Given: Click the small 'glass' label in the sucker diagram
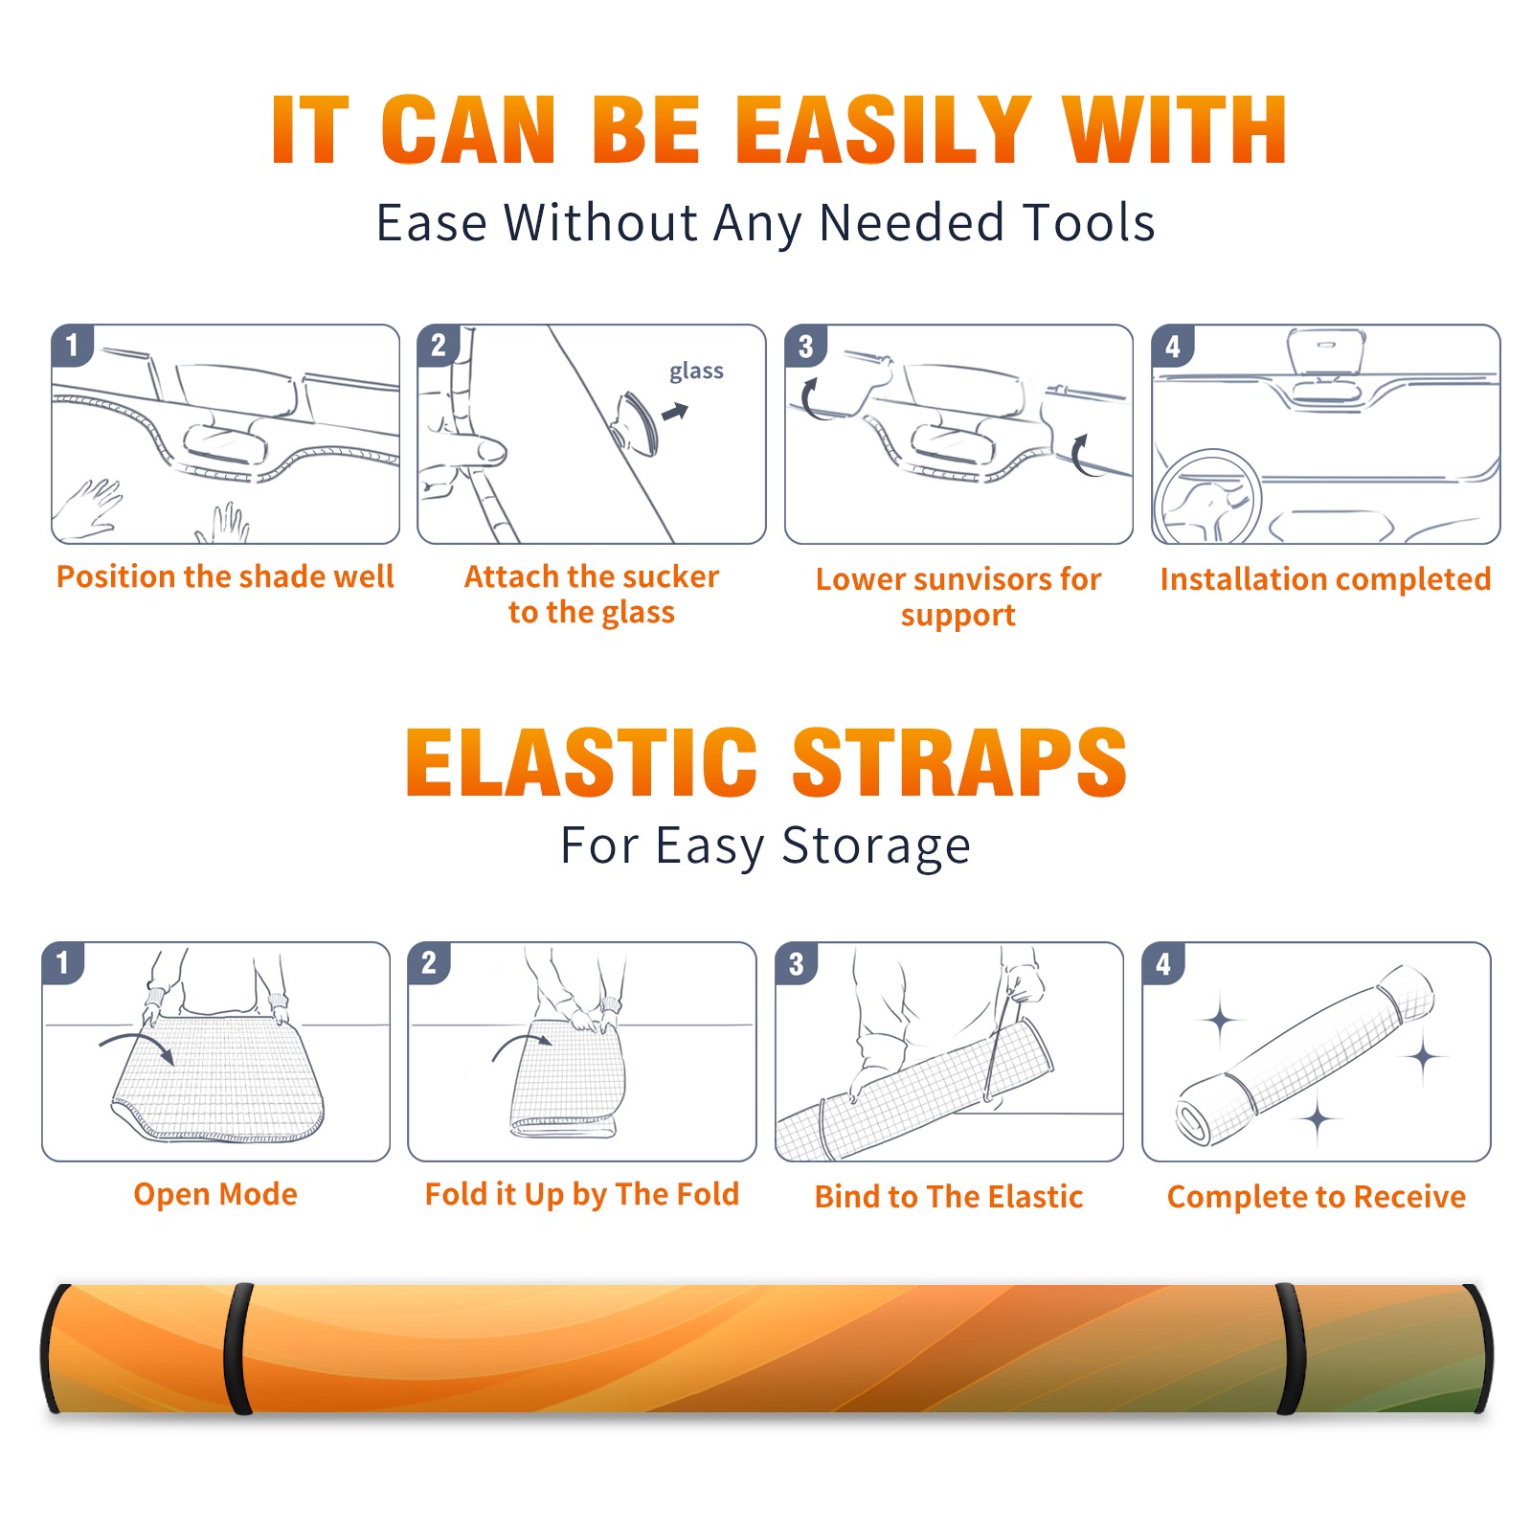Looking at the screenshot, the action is coord(696,371).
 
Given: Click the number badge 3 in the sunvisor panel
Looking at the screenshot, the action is coord(805,346).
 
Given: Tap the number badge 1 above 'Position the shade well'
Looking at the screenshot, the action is coord(72,345).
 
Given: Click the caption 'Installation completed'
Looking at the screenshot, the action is coord(1325,578).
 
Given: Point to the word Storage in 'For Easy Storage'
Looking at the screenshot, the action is coord(876,846).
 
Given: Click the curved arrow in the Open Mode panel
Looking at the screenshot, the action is coord(136,1046).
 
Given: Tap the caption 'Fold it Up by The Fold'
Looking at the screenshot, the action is coord(582,1194).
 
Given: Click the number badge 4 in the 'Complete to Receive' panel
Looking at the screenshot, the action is coord(1162,963).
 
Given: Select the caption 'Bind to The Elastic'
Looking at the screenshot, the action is coord(949,1197).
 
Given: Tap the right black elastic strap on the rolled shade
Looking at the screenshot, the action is coord(1290,1348).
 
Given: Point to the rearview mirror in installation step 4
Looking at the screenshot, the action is coord(1325,350).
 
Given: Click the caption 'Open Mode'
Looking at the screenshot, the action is coord(215,1194).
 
